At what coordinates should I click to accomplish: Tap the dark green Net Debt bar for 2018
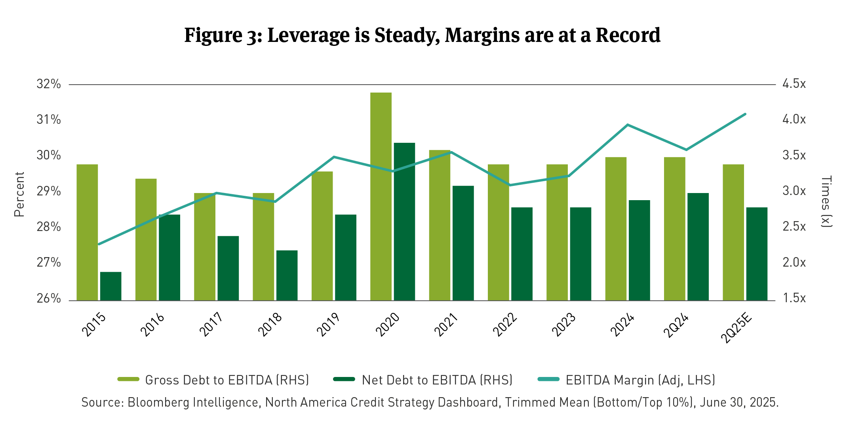click(287, 275)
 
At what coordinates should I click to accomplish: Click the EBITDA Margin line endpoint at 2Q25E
click(745, 114)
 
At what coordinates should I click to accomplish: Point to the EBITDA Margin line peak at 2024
click(628, 125)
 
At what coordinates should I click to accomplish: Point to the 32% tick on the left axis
click(49, 84)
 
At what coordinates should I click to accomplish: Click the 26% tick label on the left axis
click(49, 298)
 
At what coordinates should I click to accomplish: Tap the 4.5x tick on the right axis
click(794, 84)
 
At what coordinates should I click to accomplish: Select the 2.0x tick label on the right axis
click(794, 263)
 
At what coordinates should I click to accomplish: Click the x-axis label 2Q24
click(676, 326)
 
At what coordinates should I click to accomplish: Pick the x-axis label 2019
click(328, 324)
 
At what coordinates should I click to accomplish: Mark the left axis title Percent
click(19, 194)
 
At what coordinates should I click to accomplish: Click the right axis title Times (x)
click(826, 201)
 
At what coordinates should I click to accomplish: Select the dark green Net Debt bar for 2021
click(463, 243)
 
